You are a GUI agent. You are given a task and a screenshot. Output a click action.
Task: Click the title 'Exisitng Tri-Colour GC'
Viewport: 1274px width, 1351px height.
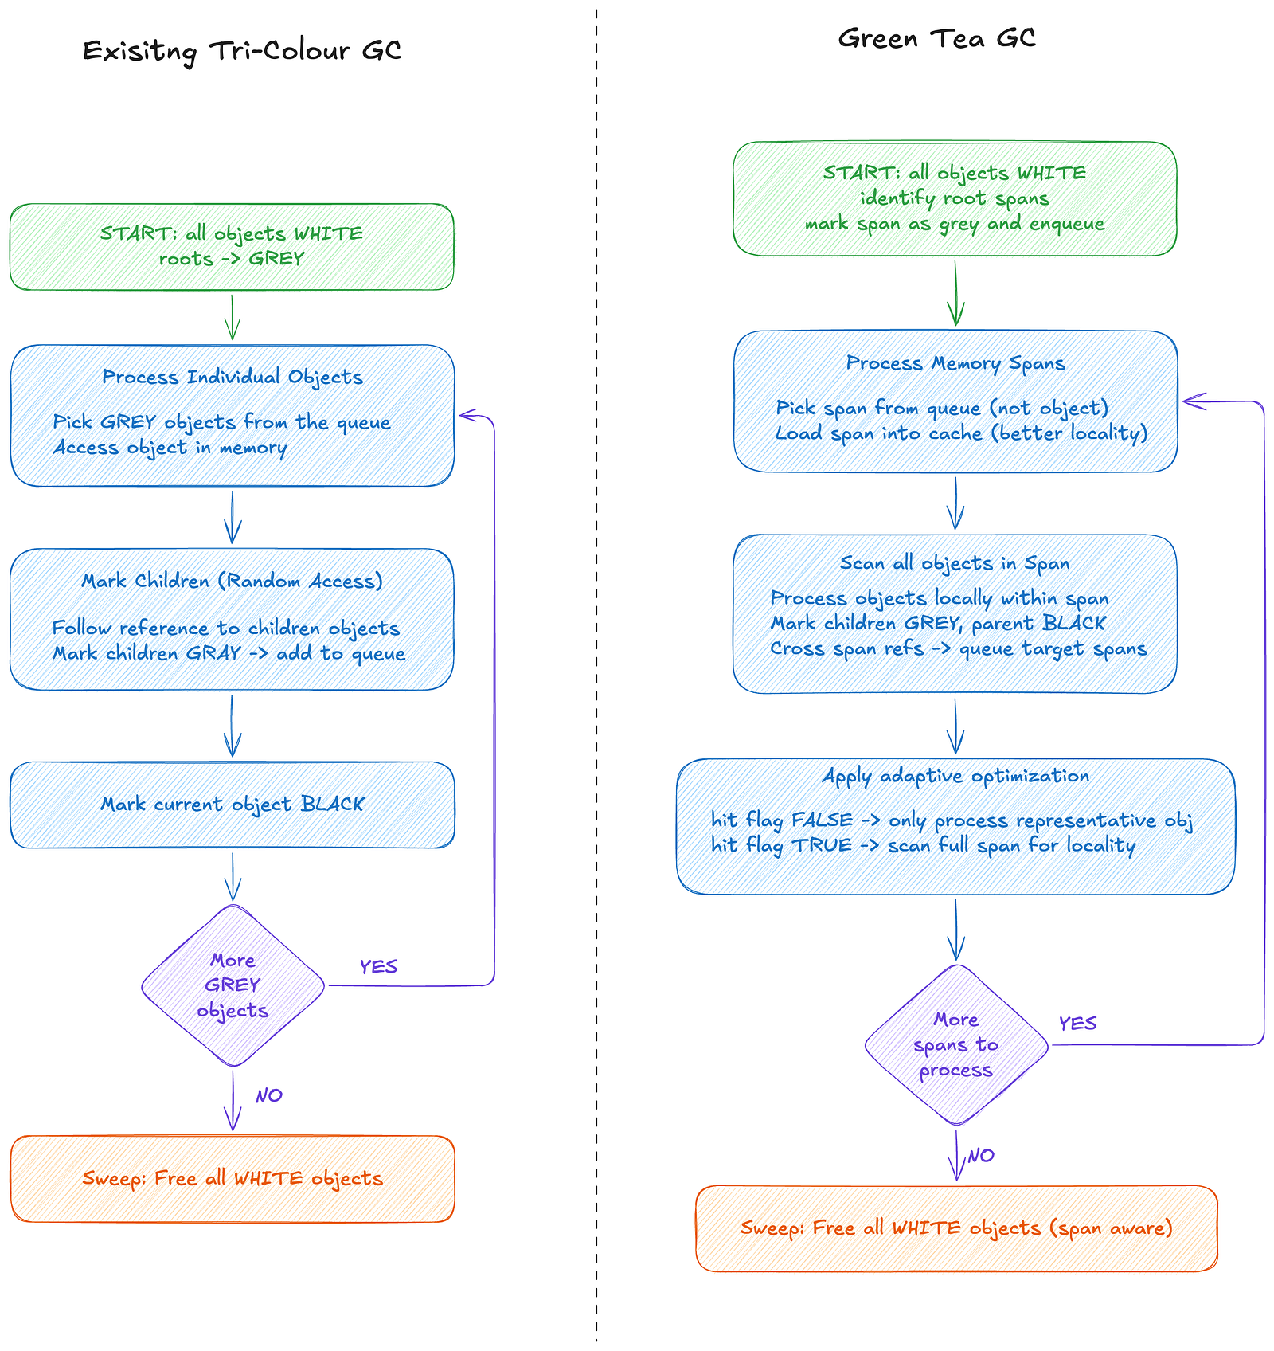click(242, 51)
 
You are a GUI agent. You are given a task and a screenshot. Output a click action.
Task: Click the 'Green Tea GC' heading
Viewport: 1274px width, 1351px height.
click(936, 38)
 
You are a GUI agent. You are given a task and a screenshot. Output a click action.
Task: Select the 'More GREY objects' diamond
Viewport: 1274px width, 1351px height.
click(233, 985)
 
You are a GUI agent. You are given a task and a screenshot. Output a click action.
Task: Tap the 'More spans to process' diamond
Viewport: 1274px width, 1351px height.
click(955, 1044)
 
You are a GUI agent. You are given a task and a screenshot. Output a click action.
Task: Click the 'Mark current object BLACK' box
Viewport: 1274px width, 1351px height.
click(233, 805)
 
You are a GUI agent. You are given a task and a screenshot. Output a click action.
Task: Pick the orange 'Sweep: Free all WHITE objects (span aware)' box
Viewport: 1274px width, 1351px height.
click(956, 1228)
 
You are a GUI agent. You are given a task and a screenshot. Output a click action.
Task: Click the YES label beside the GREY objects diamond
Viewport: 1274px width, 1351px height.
click(378, 966)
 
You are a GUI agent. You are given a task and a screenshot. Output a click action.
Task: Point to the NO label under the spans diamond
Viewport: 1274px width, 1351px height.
click(981, 1155)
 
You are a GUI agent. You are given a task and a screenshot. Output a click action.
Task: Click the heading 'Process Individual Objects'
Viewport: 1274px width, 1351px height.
click(233, 377)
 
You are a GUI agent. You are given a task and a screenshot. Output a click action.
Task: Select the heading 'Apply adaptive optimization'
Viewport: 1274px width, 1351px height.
click(955, 776)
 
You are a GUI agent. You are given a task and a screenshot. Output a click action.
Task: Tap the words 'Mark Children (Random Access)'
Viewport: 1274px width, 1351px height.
click(233, 581)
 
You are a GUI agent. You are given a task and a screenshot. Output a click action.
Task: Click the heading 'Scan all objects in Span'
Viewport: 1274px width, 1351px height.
click(955, 563)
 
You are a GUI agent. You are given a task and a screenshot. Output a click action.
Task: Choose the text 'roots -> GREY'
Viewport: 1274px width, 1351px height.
click(232, 259)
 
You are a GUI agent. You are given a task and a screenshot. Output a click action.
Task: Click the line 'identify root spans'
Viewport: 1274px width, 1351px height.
click(955, 198)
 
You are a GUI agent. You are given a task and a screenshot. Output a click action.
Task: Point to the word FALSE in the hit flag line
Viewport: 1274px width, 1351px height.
click(822, 820)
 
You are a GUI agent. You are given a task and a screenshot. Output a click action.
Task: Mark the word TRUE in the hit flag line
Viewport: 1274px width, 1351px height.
click(822, 845)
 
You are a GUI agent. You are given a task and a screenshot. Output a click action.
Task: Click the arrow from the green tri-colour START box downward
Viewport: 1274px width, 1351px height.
click(233, 317)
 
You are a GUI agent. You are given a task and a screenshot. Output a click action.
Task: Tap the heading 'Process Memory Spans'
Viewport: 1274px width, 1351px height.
click(955, 363)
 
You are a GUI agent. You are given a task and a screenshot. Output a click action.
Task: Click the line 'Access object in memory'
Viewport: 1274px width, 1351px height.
click(170, 448)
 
